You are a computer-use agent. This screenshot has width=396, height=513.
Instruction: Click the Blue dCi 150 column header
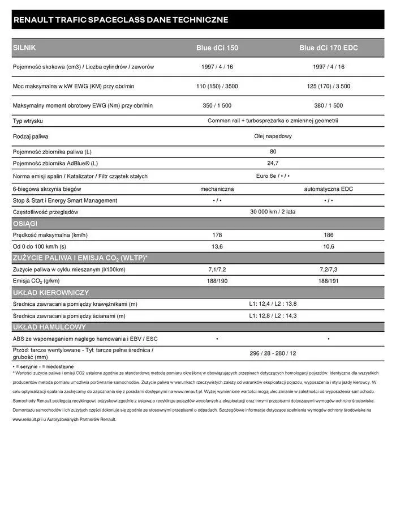pyautogui.click(x=217, y=48)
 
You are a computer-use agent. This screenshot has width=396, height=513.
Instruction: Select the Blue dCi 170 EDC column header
pyautogui.click(x=328, y=48)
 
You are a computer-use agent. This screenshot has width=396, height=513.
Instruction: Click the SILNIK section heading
pyautogui.click(x=24, y=48)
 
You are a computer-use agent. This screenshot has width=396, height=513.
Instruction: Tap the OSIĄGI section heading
pyautogui.click(x=25, y=224)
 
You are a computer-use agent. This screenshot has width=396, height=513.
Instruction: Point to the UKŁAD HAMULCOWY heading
pyautogui.click(x=49, y=327)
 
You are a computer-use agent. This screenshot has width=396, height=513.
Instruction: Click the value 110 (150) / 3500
pyautogui.click(x=217, y=86)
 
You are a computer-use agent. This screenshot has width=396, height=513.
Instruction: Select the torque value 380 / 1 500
pyautogui.click(x=328, y=105)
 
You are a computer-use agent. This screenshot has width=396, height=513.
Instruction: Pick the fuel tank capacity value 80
pyautogui.click(x=273, y=152)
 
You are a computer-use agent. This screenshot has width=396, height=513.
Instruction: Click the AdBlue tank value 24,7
pyautogui.click(x=273, y=163)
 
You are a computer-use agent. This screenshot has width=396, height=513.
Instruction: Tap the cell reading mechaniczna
pyautogui.click(x=217, y=189)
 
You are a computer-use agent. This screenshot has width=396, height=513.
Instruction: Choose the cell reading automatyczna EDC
pyautogui.click(x=328, y=189)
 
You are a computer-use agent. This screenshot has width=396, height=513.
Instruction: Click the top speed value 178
pyautogui.click(x=217, y=235)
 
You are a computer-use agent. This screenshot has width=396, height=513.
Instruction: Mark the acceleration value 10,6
pyautogui.click(x=328, y=246)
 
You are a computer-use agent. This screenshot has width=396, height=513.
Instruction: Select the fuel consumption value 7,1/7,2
pyautogui.click(x=217, y=269)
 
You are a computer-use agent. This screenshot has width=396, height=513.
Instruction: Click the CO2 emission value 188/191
pyautogui.click(x=328, y=281)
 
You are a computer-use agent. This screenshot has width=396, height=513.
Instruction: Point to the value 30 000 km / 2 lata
pyautogui.click(x=273, y=212)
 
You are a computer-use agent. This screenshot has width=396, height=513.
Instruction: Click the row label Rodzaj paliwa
pyautogui.click(x=31, y=136)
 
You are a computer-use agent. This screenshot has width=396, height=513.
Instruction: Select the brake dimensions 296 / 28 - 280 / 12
pyautogui.click(x=273, y=353)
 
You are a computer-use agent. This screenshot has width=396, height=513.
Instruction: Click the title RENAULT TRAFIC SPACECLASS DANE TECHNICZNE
pyautogui.click(x=120, y=20)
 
